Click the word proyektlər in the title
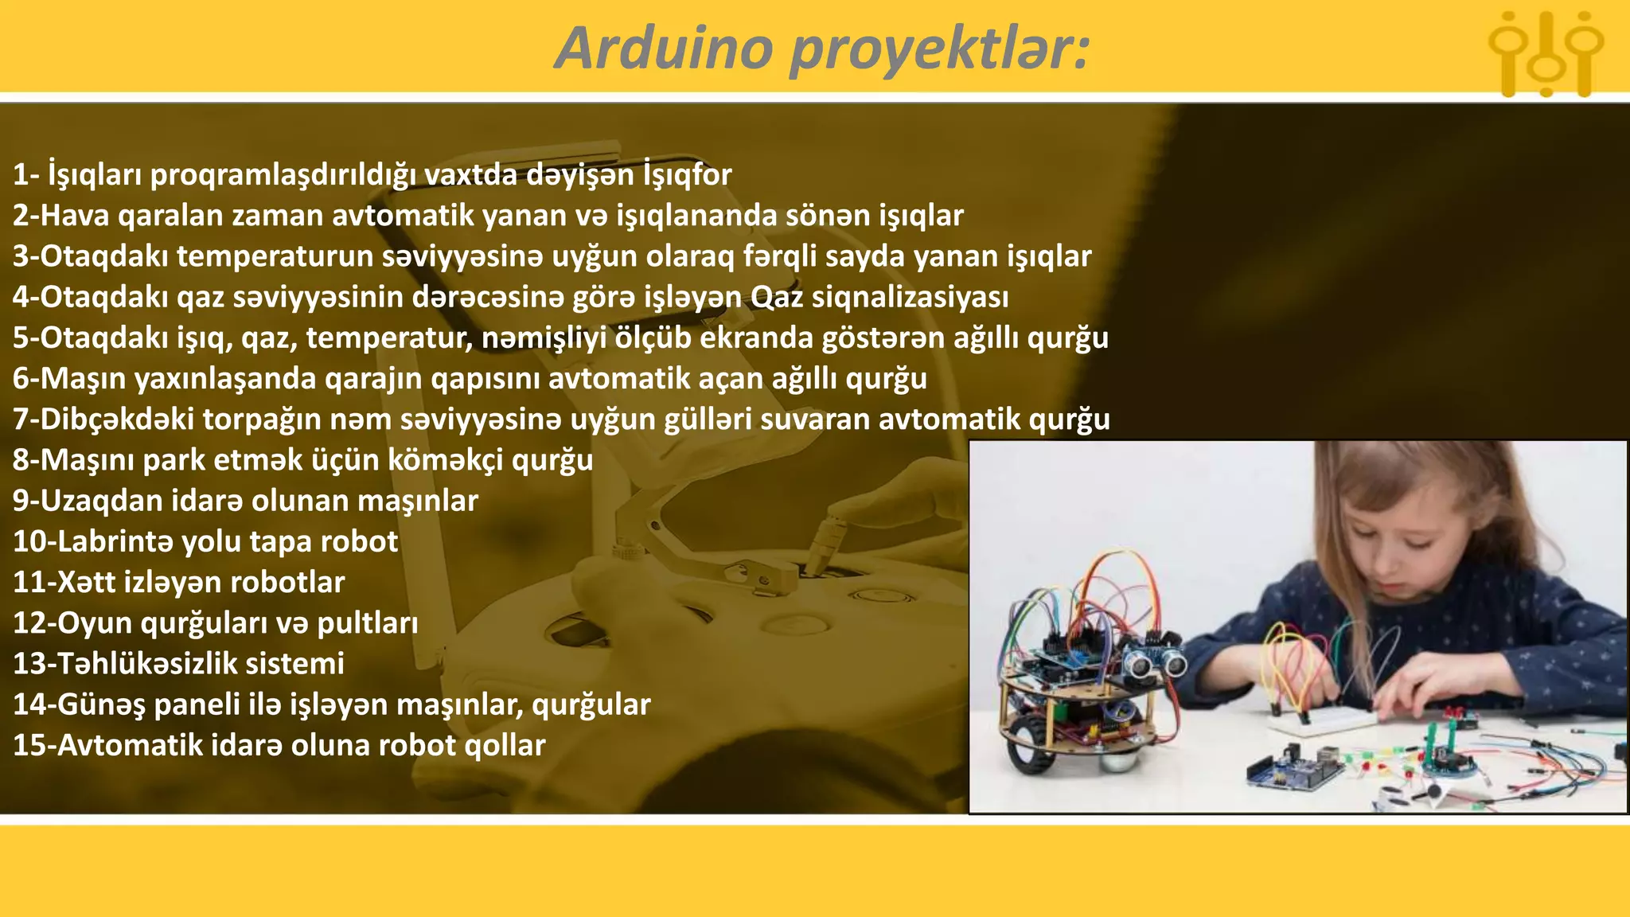tap(939, 49)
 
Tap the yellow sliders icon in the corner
tap(1546, 54)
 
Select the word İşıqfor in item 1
tap(687, 174)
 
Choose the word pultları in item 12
tap(367, 623)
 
